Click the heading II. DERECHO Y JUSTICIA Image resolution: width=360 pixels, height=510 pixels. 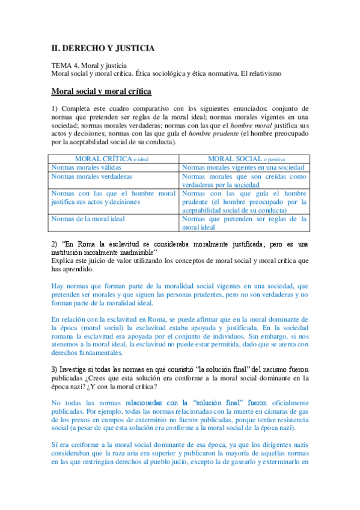pos(103,48)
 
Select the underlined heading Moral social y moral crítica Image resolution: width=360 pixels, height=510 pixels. pos(101,91)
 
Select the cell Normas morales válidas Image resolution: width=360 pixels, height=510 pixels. pos(87,167)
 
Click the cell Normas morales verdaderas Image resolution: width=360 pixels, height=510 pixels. pos(92,177)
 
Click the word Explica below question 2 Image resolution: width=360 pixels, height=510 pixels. pos(64,261)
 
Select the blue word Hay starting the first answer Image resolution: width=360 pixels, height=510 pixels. pos(58,287)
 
